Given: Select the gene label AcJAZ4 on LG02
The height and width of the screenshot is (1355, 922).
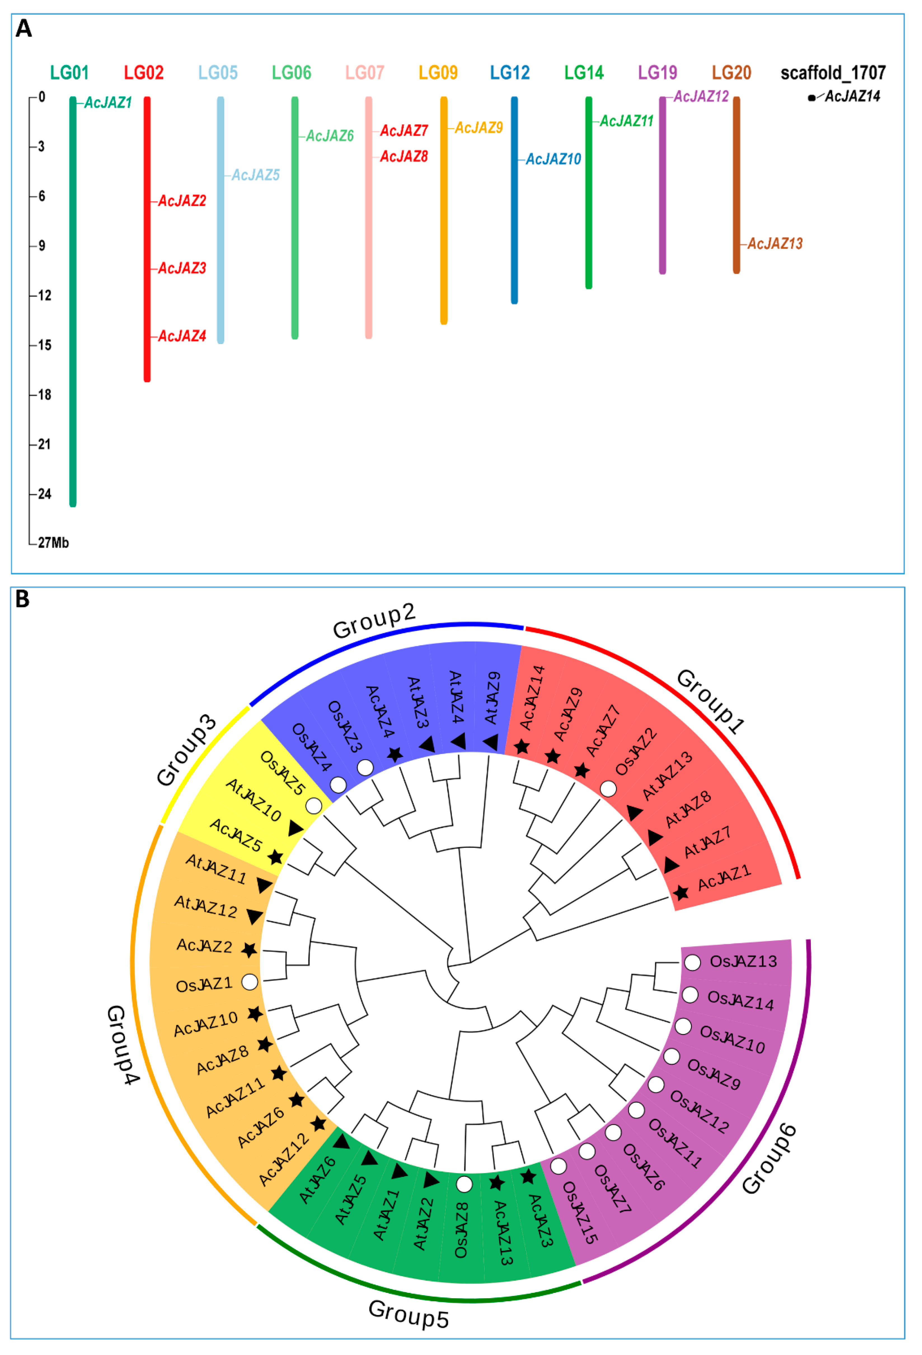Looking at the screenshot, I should [182, 337].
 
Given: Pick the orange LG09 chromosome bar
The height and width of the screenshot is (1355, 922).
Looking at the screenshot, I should [444, 210].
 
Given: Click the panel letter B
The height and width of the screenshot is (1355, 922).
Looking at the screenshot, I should [22, 599].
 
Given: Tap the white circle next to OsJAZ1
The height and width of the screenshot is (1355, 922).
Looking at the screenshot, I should [250, 982].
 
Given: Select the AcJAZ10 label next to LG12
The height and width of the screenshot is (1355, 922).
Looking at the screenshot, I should [553, 159].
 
